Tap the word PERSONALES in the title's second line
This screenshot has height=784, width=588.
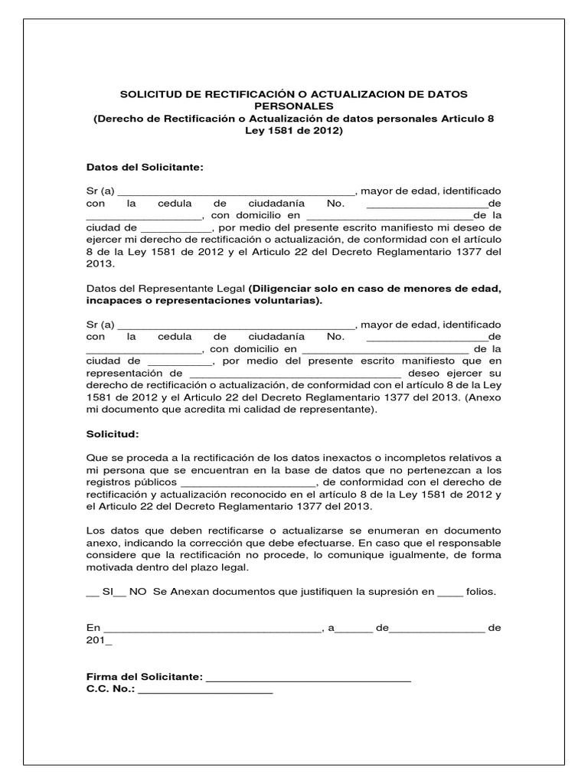[293, 106]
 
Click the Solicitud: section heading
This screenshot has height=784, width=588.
[113, 434]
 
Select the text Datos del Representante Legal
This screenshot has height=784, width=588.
[165, 288]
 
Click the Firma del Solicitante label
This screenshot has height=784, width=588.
[145, 677]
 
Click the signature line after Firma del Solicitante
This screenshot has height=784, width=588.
[309, 678]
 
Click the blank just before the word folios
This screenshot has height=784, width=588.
[452, 592]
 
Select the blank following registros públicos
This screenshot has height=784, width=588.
[247, 483]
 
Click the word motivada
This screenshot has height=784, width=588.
[109, 567]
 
